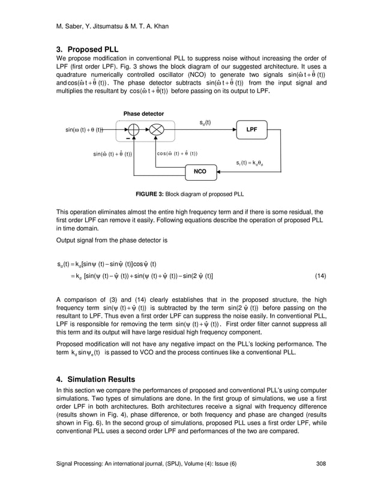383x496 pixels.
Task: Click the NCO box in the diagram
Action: pos(201,171)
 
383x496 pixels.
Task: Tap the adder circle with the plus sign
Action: pos(133,130)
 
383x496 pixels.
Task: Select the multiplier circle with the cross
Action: pos(157,130)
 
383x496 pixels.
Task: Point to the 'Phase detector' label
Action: pos(143,113)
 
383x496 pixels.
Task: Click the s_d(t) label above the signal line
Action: pos(205,122)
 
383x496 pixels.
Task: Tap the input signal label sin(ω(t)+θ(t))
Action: pos(85,130)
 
